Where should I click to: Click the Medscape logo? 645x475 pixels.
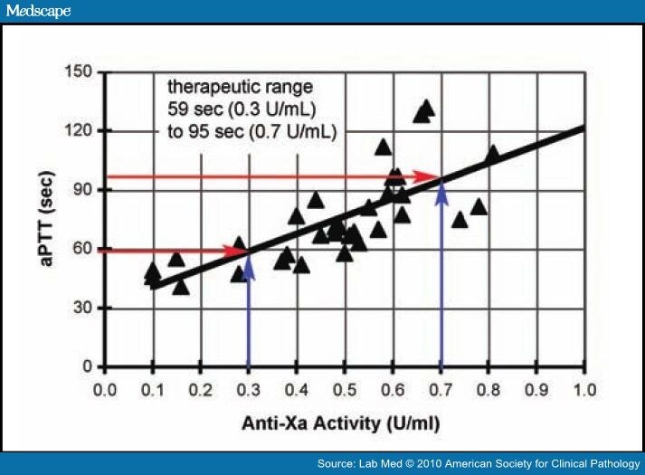37,11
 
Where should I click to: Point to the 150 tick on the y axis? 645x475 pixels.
81,71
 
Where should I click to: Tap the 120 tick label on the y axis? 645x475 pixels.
81,130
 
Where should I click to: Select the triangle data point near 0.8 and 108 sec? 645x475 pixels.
492,154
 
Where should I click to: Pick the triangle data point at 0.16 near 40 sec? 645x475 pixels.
181,287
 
